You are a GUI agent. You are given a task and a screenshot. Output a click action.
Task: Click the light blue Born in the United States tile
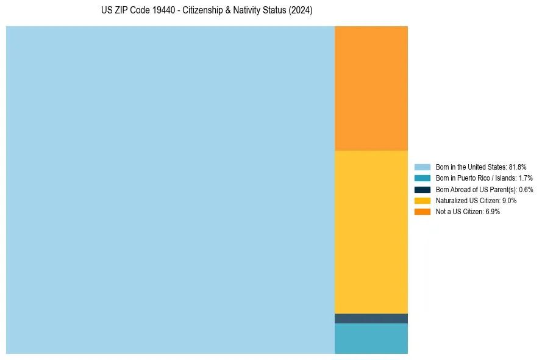coord(170,190)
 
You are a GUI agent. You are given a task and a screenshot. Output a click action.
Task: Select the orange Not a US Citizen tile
coord(371,88)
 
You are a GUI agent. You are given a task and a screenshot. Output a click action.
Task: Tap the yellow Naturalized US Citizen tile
coord(371,232)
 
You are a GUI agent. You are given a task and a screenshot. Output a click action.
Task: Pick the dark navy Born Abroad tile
coord(371,319)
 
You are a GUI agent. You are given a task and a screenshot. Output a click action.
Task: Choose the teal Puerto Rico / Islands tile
coord(371,339)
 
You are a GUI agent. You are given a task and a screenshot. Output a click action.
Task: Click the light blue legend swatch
coord(423,167)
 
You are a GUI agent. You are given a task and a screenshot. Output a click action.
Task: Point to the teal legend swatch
coord(423,178)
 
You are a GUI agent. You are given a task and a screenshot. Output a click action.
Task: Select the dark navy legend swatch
coord(423,189)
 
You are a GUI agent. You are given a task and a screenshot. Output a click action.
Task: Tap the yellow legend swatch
coord(423,200)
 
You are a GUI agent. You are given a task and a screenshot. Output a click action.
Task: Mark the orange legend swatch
coord(423,211)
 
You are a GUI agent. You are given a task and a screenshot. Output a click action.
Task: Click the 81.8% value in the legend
coord(518,167)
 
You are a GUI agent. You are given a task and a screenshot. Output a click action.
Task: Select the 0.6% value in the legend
coord(525,189)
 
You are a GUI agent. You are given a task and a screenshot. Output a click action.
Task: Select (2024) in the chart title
coord(301,11)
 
